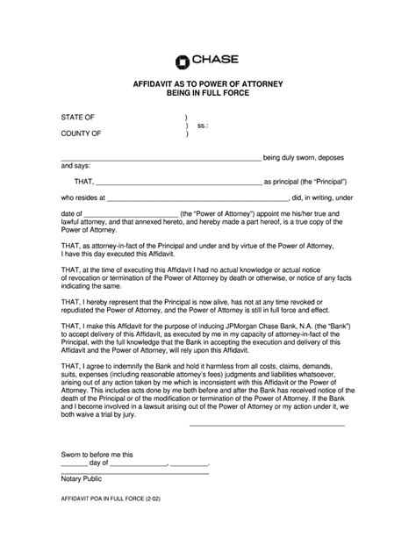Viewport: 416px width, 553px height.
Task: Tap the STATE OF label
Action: point(78,117)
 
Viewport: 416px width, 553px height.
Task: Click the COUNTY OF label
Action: point(81,135)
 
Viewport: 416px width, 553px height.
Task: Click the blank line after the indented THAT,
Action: point(176,182)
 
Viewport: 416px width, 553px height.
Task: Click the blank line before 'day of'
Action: point(74,465)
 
